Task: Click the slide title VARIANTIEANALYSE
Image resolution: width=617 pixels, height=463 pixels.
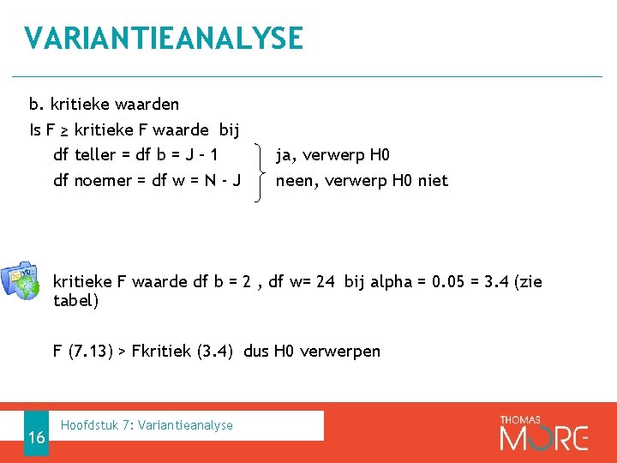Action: pos(164,39)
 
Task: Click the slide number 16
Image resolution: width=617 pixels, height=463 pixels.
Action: pos(36,437)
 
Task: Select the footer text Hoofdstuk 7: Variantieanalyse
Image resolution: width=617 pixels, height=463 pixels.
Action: pos(147,425)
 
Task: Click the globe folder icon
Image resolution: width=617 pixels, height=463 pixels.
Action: pos(21,278)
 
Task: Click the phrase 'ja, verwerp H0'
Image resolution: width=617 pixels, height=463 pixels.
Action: pos(332,155)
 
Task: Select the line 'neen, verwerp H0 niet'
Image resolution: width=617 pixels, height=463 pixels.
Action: pos(361,180)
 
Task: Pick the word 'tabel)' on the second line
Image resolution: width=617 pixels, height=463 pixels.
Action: pos(75,301)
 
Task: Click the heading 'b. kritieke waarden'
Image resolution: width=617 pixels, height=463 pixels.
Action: pos(104,105)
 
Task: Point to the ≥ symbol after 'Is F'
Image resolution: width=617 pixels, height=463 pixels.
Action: pos(65,130)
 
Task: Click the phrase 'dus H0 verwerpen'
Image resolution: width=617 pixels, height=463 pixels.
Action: pos(312,351)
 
